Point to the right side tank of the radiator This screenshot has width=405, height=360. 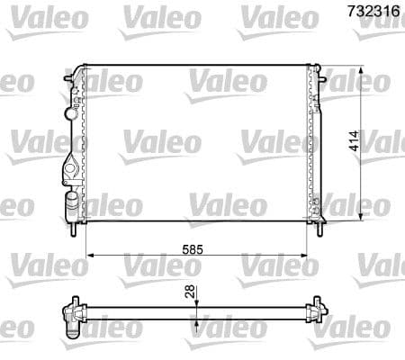315,144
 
